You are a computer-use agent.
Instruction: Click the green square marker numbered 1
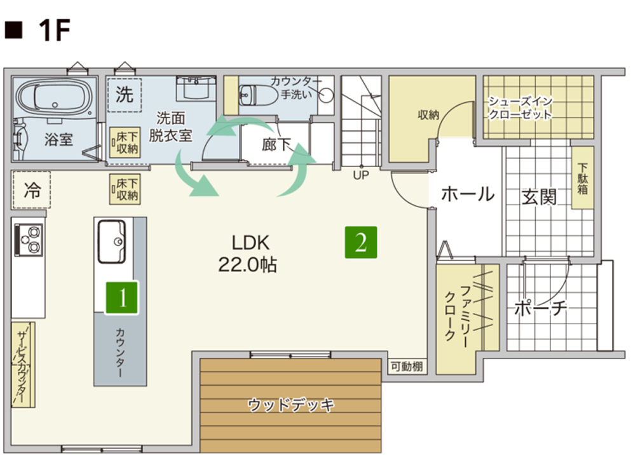point(121,297)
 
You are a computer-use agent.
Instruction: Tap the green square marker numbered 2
point(361,243)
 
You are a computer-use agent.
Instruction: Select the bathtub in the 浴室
point(54,98)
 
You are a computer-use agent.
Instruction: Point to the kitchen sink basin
point(111,241)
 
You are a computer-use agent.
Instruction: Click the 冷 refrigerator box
point(31,189)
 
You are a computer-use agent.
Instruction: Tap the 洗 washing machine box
point(125,95)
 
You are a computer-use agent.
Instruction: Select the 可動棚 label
point(407,367)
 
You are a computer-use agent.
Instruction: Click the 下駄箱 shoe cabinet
point(583,178)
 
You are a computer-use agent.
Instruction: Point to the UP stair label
point(361,175)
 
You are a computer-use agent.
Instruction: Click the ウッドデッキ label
point(291,405)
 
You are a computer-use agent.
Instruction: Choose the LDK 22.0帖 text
point(248,254)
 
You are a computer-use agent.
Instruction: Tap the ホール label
point(468,194)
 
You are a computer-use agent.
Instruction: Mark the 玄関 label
point(539,197)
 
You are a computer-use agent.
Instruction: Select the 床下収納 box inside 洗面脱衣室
point(125,143)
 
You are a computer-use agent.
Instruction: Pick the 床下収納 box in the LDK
point(125,189)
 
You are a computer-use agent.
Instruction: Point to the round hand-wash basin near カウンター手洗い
point(325,95)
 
